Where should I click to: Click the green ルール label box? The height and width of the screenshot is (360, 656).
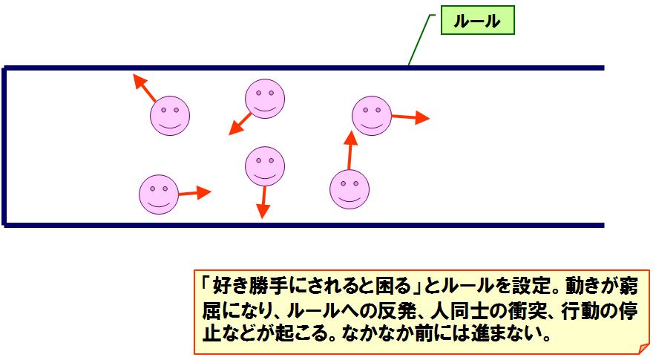coord(477,20)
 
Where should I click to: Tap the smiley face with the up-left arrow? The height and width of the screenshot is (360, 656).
coord(170,116)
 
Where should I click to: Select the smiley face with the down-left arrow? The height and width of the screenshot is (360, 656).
coord(265,99)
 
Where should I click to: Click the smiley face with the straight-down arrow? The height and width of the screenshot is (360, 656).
coord(265,166)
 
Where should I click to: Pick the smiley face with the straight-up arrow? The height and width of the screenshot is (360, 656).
coord(350,189)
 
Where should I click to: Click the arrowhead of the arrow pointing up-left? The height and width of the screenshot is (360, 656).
coord(139,80)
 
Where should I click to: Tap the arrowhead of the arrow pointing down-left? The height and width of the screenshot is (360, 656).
coord(235,128)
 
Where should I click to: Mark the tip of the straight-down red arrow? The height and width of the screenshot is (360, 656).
coord(262,218)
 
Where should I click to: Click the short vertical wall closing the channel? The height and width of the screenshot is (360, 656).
coord(4,146)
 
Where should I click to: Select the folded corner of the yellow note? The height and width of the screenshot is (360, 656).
coord(643,348)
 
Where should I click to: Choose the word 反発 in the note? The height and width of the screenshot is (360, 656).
coord(396,310)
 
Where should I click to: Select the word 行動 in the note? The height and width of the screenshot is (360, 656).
coord(580,310)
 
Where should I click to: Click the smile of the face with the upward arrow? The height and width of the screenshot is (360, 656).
coord(350,198)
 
